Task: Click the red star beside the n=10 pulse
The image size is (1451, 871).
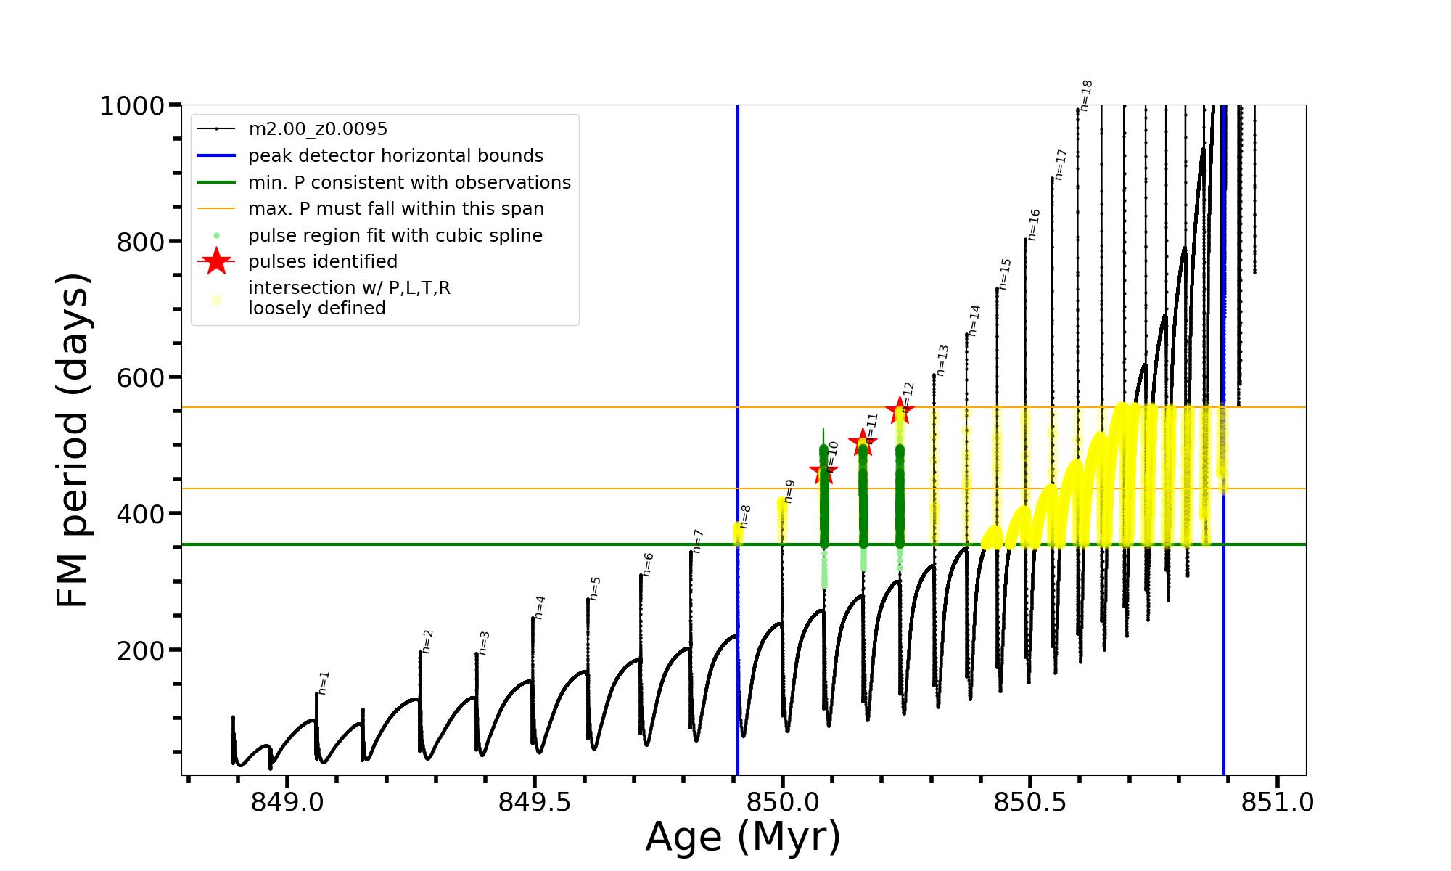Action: [x=823, y=472]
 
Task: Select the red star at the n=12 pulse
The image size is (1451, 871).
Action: [x=900, y=410]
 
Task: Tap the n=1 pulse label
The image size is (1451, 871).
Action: [x=324, y=682]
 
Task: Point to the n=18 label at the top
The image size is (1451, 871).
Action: [x=1086, y=95]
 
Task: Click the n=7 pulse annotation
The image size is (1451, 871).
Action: [x=697, y=541]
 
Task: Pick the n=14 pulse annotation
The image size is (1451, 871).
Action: [x=974, y=320]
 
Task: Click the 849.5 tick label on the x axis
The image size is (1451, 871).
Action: [x=535, y=802]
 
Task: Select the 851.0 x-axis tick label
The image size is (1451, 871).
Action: [x=1278, y=802]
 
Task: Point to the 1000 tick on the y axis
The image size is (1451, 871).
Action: [x=132, y=106]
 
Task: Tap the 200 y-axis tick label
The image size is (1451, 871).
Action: [x=141, y=650]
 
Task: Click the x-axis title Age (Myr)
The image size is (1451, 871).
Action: [x=743, y=836]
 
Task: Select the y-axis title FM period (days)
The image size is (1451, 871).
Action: [x=73, y=440]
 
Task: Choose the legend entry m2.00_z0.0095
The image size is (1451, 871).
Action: [x=318, y=129]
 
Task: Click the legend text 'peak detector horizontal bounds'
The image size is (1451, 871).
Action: [x=395, y=156]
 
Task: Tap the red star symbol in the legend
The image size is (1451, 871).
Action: [x=216, y=261]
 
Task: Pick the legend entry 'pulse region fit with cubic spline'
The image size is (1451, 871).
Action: [x=395, y=236]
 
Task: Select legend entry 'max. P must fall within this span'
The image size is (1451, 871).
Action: [x=395, y=209]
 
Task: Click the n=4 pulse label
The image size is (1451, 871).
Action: [x=540, y=607]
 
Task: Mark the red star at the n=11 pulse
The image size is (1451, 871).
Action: [x=863, y=441]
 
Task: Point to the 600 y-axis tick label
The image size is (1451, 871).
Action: [x=141, y=378]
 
